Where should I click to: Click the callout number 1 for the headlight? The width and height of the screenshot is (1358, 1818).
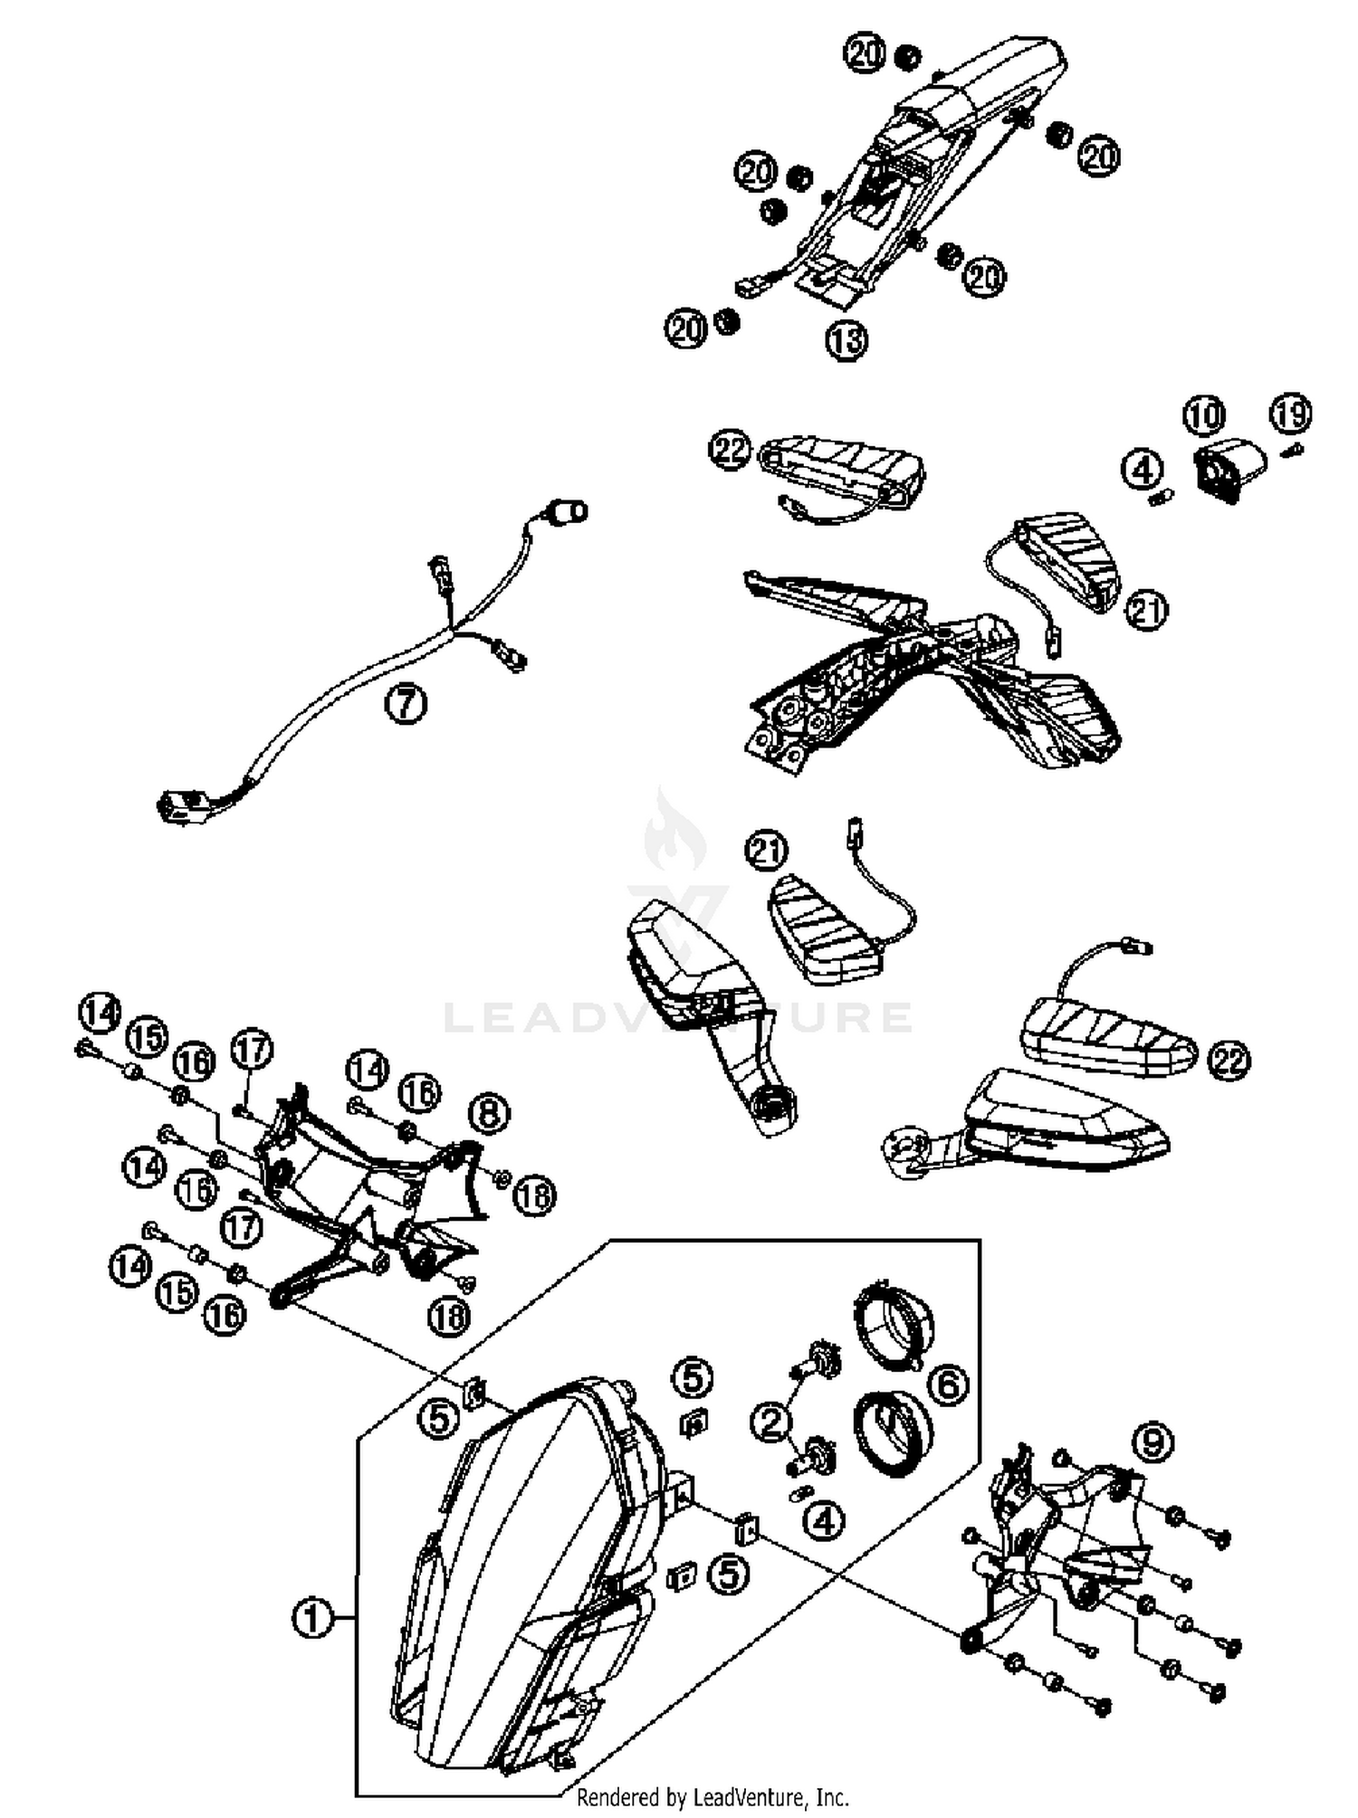click(311, 1615)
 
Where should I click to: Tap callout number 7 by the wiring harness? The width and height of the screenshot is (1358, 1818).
click(405, 702)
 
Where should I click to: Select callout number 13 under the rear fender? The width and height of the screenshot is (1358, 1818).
click(846, 340)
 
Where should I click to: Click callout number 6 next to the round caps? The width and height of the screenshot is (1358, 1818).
click(948, 1385)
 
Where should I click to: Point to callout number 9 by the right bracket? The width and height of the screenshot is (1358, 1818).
click(1152, 1442)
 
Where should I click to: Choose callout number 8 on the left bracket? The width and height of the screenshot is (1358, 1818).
click(489, 1113)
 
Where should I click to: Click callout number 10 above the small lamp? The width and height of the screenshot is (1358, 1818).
click(1203, 415)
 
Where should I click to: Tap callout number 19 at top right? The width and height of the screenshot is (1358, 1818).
click(1289, 414)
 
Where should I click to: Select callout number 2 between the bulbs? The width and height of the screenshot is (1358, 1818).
click(771, 1422)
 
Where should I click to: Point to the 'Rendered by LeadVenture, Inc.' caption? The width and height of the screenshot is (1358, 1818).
click(712, 1796)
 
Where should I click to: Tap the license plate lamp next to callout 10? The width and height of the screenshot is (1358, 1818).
click(1230, 468)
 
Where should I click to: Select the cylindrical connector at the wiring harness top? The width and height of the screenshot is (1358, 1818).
click(570, 513)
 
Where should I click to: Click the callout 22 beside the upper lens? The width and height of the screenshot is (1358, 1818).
click(731, 450)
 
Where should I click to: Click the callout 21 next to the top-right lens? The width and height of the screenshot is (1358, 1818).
click(1146, 610)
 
